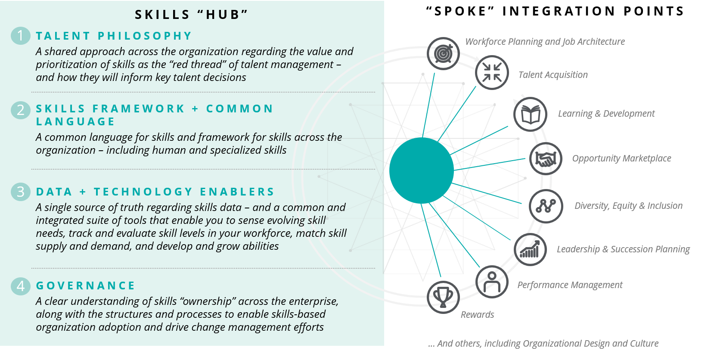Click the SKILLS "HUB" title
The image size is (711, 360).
[x=192, y=15]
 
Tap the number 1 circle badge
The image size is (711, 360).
[x=20, y=36]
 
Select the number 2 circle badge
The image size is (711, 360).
[x=20, y=110]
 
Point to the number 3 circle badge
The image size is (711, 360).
[x=20, y=192]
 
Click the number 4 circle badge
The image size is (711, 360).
[x=20, y=286]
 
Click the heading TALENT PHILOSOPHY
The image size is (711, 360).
[x=114, y=36]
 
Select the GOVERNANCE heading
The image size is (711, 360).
[x=85, y=286]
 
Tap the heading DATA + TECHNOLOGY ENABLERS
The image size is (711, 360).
[x=155, y=192]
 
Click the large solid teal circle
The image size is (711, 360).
[x=421, y=171]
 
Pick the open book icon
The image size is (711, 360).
[x=530, y=114]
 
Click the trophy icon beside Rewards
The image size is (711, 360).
[x=443, y=297]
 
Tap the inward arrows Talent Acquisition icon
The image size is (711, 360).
[x=492, y=72]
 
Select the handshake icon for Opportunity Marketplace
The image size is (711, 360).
[x=546, y=158]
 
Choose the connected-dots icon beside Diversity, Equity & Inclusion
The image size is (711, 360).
[x=546, y=206]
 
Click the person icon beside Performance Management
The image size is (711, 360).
[x=492, y=282]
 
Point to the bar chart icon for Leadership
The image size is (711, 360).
[x=530, y=250]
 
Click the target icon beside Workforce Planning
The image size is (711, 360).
[x=443, y=53]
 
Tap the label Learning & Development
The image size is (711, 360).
[x=606, y=114]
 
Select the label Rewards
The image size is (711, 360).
[x=477, y=314]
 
